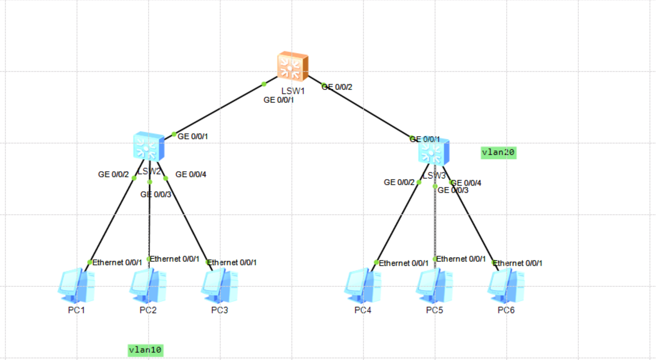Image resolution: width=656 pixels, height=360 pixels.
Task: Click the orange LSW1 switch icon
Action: [293, 66]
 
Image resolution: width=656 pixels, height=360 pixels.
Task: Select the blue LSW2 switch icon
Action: [148, 146]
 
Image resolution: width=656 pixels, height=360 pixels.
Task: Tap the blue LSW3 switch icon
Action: [434, 151]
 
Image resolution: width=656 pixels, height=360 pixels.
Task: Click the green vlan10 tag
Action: [146, 350]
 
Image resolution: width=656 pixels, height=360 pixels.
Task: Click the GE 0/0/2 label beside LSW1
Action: [338, 87]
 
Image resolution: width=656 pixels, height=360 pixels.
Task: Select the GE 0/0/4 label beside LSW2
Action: [191, 175]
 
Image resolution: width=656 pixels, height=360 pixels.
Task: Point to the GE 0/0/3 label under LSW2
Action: [156, 194]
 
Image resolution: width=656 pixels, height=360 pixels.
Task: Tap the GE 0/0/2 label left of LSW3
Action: [400, 182]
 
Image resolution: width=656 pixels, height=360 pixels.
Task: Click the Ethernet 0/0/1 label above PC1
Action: [117, 262]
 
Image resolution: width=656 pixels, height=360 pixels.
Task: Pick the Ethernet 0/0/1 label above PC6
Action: [518, 263]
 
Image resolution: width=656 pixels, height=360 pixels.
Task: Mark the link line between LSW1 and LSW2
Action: [219, 109]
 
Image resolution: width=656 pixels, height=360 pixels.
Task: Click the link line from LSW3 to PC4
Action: [398, 222]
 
